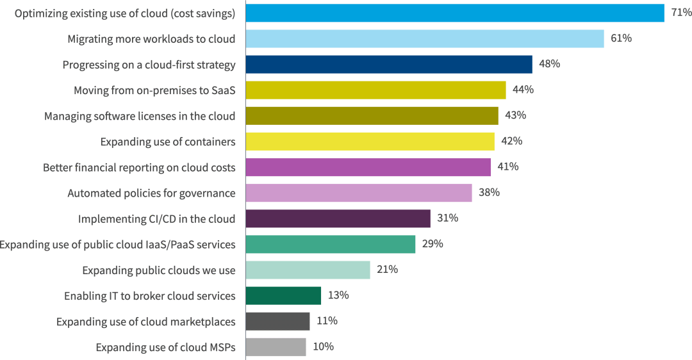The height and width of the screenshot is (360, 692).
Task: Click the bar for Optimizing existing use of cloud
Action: pos(455,13)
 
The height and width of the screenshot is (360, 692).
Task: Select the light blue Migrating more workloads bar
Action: pos(425,38)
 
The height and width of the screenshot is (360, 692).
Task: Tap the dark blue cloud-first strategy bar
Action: pos(389,64)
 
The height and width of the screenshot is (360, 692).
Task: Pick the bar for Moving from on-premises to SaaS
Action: pos(375,90)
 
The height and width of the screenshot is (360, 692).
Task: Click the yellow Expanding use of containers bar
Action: pos(370,141)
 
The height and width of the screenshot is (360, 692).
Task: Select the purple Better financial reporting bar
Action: pos(368,167)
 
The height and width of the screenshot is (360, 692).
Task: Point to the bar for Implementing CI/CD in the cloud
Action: pos(338,218)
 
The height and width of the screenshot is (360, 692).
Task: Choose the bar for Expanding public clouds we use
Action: pos(308,270)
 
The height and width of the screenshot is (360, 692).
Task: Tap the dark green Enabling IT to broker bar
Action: pos(283,295)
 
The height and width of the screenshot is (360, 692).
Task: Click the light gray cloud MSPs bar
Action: pos(276,347)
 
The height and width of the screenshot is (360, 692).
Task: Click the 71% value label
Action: pos(681,13)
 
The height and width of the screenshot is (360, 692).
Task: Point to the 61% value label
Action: pos(621,38)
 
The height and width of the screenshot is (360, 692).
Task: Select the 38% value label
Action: pos(489,193)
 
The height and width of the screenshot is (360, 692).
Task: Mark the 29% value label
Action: pos(432,244)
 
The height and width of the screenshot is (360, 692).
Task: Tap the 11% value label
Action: pos(327,321)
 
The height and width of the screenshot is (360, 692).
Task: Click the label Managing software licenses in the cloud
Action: pos(140,116)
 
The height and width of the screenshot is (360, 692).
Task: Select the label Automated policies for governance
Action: pos(151,193)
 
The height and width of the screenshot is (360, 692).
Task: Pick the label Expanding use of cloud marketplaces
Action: pos(145,322)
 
